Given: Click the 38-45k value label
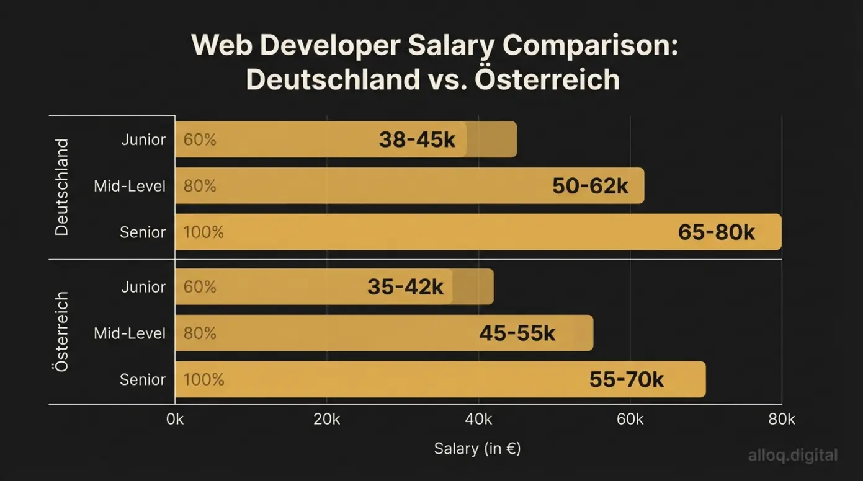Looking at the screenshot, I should [417, 140].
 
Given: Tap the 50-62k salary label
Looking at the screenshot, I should [590, 186].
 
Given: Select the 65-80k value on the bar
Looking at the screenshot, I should [716, 232].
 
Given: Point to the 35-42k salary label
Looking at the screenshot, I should [405, 287].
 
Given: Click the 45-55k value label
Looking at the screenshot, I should [517, 333].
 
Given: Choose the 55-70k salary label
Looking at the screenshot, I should [626, 380].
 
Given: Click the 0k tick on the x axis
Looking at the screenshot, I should [175, 420].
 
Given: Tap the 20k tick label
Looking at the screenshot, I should [326, 420].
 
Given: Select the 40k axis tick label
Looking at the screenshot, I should [478, 420].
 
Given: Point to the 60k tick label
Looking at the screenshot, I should [630, 420].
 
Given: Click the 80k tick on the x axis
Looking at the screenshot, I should [781, 420].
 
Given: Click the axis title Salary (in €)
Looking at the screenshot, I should [477, 449].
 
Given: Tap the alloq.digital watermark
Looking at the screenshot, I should [792, 456].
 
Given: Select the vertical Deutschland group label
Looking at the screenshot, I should [61, 187].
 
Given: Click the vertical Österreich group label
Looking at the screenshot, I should [61, 332].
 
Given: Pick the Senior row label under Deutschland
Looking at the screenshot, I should [143, 232].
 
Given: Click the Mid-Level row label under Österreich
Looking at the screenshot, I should [130, 333].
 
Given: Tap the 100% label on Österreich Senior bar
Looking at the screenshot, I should [203, 380].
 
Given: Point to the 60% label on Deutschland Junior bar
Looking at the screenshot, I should [200, 140].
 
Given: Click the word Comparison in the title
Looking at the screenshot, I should [589, 46].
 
